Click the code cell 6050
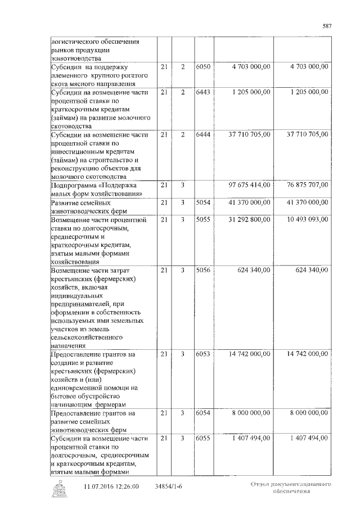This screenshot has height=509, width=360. (x=203, y=67)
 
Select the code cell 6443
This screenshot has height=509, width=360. (x=203, y=92)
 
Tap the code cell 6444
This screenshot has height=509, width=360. (x=203, y=135)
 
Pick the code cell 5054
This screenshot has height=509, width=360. (x=203, y=202)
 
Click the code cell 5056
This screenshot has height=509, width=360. (x=203, y=270)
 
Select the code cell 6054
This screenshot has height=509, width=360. (x=203, y=413)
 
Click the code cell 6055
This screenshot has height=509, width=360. (x=203, y=438)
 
